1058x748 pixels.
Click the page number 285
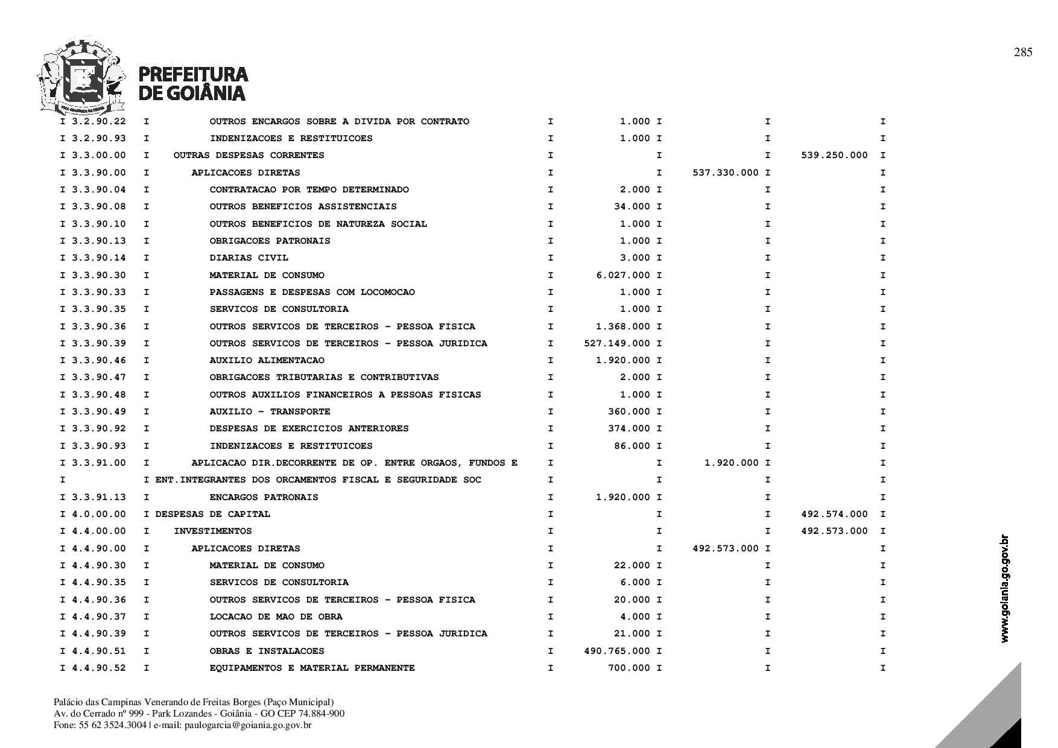point(1023,52)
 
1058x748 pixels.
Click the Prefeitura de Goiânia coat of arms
point(81,77)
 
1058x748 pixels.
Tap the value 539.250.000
point(834,155)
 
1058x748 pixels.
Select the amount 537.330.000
point(726,173)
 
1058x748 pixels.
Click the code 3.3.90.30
point(99,275)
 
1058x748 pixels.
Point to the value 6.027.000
point(623,275)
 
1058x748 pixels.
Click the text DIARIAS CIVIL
point(249,258)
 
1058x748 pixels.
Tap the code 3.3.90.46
point(99,360)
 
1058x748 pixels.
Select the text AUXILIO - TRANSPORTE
point(270,411)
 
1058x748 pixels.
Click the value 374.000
point(629,428)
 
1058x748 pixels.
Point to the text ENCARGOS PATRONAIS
point(264,497)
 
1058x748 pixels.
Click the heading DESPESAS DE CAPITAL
point(212,514)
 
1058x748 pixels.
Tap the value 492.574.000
point(834,514)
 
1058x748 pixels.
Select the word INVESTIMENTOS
point(212,531)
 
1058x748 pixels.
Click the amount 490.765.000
point(617,651)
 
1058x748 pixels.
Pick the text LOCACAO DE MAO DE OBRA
point(276,616)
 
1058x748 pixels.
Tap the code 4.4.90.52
point(99,668)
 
